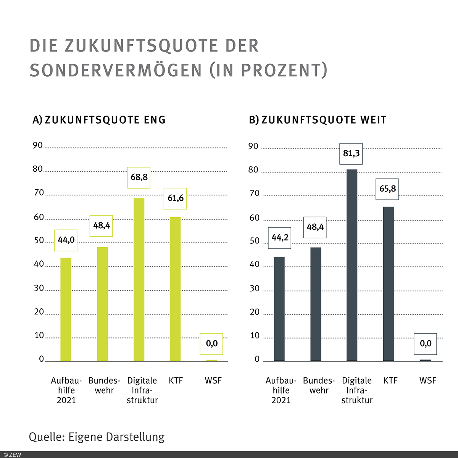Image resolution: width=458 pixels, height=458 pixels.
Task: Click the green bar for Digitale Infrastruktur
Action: tap(139, 279)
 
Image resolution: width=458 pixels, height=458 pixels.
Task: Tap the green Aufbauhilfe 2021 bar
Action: tap(66, 309)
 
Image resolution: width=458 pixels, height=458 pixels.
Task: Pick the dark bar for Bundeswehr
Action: tap(316, 304)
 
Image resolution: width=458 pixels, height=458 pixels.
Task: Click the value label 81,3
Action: tap(351, 154)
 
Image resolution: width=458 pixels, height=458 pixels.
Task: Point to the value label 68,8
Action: tap(139, 177)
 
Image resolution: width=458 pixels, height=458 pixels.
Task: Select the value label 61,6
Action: tap(175, 198)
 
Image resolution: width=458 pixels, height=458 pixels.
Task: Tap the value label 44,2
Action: tap(280, 238)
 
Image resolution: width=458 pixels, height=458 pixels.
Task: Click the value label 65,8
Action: tap(387, 189)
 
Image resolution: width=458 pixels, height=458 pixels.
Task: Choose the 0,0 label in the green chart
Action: tap(211, 344)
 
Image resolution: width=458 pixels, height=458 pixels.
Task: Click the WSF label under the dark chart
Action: tap(427, 381)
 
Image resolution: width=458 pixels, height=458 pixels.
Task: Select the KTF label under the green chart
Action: tap(176, 381)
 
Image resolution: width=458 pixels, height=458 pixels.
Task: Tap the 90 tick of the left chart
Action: tap(37, 145)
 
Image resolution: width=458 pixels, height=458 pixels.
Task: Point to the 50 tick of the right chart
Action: tap(254, 241)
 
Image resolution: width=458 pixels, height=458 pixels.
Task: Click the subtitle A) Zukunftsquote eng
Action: tap(99, 120)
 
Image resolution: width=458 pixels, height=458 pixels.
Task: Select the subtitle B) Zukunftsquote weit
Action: tap(318, 120)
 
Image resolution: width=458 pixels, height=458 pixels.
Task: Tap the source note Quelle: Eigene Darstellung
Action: tap(97, 437)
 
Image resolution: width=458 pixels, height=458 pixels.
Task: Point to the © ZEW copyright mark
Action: tap(12, 455)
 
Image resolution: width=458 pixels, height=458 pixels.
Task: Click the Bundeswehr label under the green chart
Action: tap(104, 385)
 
